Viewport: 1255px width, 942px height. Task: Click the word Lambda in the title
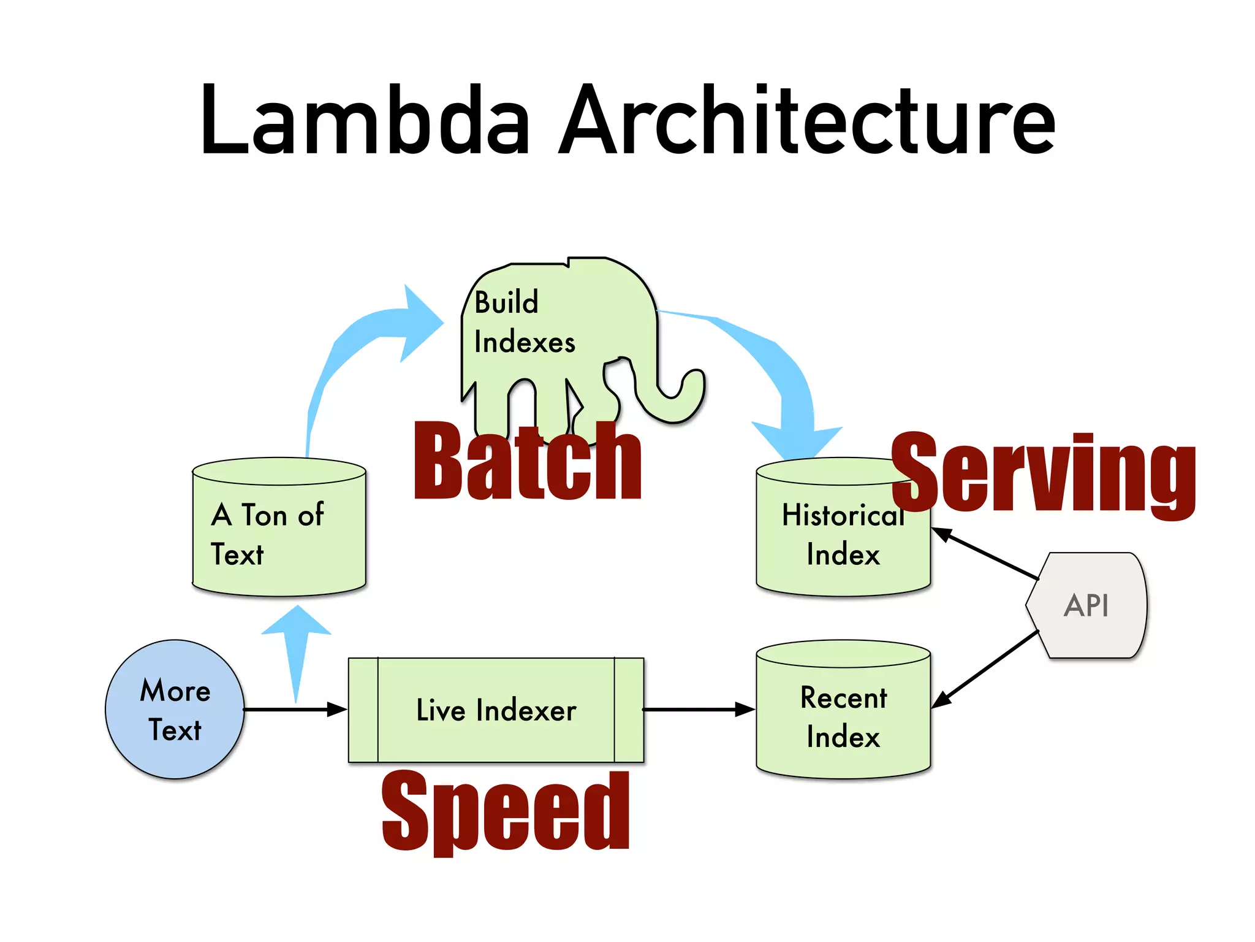[365, 120]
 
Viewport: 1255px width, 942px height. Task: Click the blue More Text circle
[175, 710]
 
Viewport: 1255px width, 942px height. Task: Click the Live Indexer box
[496, 710]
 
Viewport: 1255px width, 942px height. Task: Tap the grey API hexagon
[1086, 605]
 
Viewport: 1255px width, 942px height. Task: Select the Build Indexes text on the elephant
[524, 322]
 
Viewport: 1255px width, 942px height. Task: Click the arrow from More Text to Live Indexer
[294, 710]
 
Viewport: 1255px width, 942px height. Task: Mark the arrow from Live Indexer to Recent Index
[699, 710]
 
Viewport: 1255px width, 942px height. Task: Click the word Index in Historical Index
[843, 554]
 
